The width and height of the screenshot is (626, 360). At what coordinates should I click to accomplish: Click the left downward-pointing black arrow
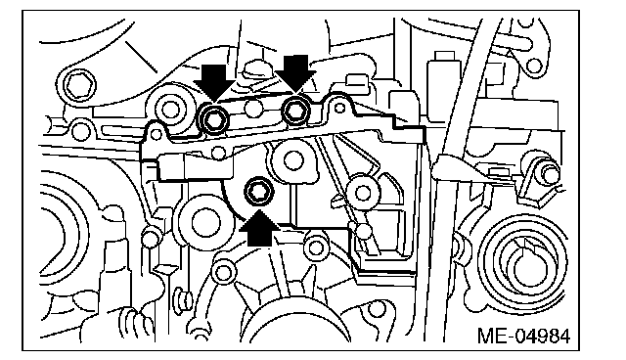[x=214, y=81]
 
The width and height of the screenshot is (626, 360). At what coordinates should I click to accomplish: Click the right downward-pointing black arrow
[x=295, y=73]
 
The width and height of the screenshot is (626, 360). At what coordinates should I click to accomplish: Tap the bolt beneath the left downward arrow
[x=214, y=117]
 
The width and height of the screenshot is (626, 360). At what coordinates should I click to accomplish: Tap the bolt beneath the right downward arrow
[x=295, y=111]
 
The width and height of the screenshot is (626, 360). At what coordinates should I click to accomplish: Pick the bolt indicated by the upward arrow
[x=259, y=191]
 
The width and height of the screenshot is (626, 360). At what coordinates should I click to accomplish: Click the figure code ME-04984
[x=523, y=337]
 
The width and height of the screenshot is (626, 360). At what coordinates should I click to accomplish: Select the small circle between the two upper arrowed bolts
[x=254, y=109]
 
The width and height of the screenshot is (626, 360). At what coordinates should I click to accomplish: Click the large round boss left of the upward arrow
[x=205, y=223]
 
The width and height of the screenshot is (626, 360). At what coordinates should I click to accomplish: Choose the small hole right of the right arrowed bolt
[x=339, y=108]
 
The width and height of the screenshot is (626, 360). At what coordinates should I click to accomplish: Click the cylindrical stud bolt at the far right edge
[x=549, y=171]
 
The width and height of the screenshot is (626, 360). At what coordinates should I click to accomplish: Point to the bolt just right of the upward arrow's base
[x=317, y=247]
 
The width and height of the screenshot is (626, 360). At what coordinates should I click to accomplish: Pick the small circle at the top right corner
[x=534, y=66]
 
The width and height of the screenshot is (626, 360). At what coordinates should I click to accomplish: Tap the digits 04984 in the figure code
[x=541, y=337]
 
